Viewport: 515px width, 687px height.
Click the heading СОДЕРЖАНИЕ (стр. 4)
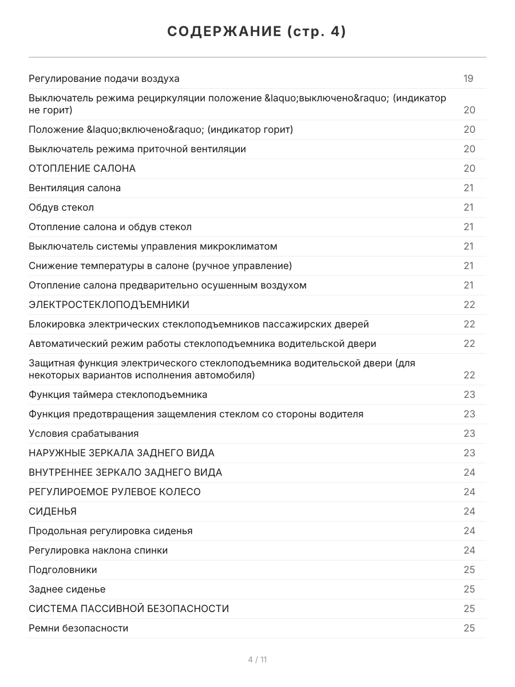(x=257, y=32)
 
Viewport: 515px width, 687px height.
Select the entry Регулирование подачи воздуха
(x=104, y=78)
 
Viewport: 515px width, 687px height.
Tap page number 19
(x=468, y=78)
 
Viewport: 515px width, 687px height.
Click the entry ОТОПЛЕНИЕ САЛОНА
(x=82, y=168)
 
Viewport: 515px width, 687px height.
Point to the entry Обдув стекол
(x=61, y=207)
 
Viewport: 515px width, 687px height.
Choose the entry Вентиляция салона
(x=75, y=188)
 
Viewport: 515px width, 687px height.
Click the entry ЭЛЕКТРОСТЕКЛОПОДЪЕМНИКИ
(x=109, y=305)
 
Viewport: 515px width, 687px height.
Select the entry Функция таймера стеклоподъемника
(x=118, y=394)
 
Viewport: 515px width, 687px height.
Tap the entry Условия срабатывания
(x=84, y=433)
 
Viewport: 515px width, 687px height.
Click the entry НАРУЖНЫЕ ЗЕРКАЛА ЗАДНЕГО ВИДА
(x=121, y=453)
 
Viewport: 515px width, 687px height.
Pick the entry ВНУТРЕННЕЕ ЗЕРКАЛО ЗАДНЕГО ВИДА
(x=125, y=472)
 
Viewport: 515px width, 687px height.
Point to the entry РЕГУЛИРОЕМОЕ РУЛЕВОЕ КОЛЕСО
(x=114, y=492)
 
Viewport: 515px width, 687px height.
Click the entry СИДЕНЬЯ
(x=53, y=511)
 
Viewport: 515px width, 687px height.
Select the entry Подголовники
(x=63, y=570)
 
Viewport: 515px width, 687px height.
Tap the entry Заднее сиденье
(x=67, y=589)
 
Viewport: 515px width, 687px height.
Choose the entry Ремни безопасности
(x=78, y=628)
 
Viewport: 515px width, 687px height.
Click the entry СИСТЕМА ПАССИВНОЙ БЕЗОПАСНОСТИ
(x=129, y=609)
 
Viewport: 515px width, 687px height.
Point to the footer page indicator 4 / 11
(x=257, y=660)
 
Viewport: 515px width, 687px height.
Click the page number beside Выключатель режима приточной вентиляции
(x=469, y=149)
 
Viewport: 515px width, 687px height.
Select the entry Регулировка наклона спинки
(x=98, y=550)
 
